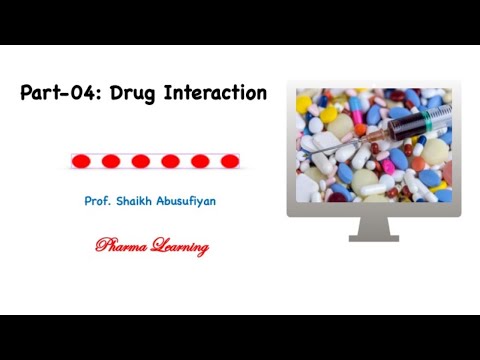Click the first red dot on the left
[81, 160]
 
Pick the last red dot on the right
[230, 160]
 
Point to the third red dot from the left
[141, 160]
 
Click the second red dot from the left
[111, 160]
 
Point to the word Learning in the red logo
[176, 246]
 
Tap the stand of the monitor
[374, 229]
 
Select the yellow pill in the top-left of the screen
[304, 102]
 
